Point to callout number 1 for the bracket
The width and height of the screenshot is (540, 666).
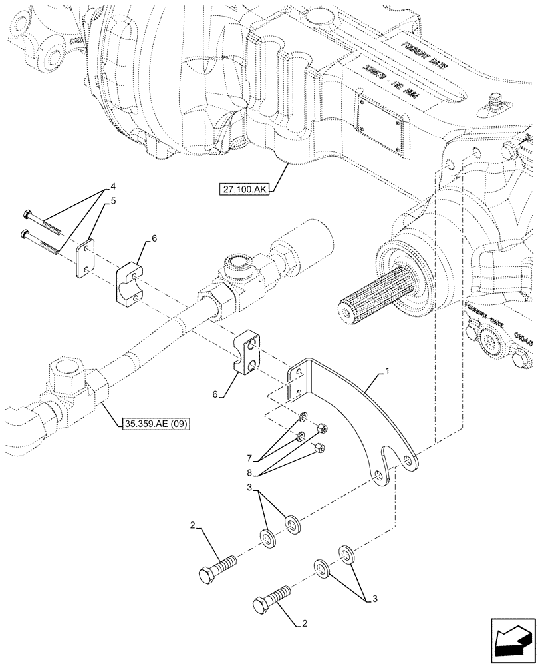[386, 377]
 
